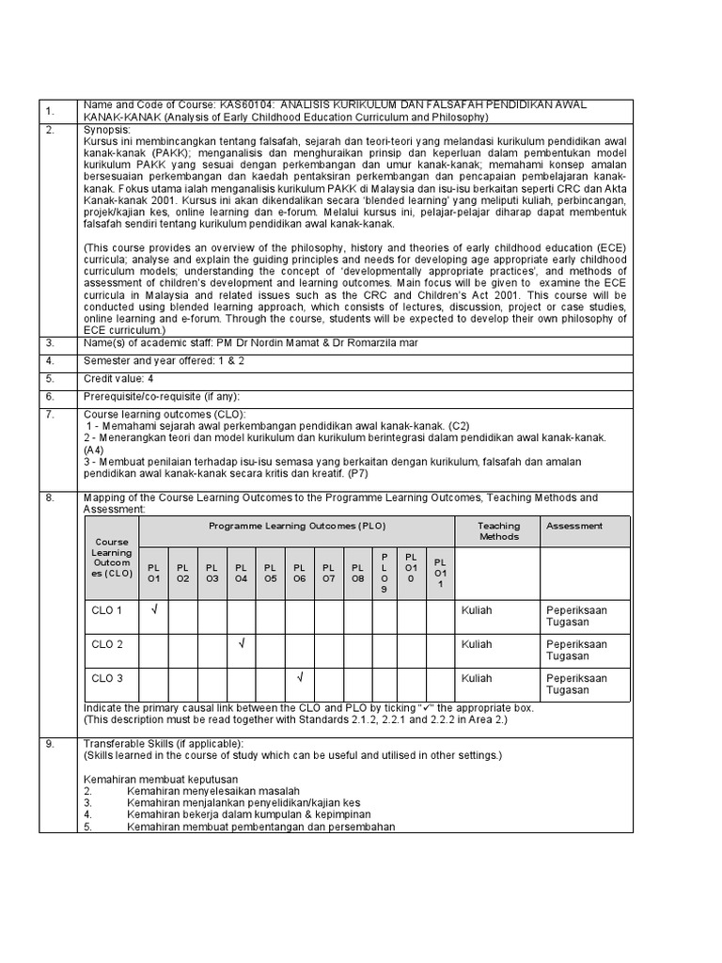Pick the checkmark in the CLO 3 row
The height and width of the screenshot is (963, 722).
click(299, 677)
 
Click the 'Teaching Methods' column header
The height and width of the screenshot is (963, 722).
click(498, 531)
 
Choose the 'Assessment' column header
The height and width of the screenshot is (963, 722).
click(574, 526)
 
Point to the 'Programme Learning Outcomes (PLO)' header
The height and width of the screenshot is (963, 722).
click(297, 526)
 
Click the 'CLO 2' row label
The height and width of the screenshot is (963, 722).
click(107, 644)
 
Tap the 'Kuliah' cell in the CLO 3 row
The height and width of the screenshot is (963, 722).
click(477, 678)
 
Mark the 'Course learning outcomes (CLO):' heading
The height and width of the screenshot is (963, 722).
click(165, 414)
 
